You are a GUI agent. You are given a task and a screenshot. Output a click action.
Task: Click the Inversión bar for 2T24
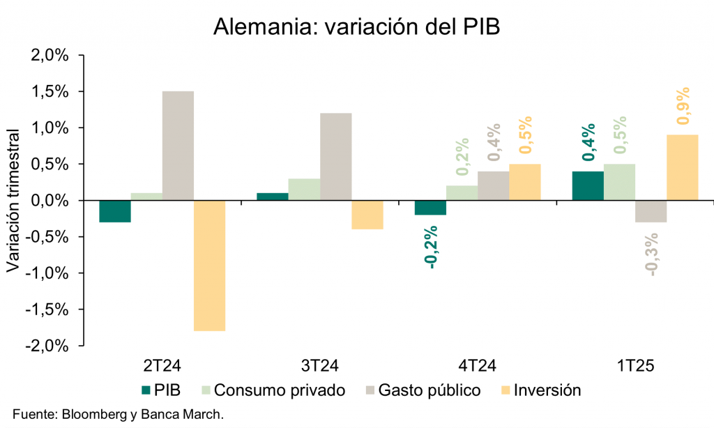pos(209,266)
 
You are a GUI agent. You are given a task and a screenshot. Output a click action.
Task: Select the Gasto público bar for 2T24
pos(178,146)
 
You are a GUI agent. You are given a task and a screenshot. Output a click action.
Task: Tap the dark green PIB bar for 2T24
pos(115,211)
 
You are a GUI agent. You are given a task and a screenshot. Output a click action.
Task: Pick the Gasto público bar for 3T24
pos(335,157)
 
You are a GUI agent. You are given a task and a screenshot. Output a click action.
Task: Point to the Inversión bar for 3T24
pos(367,215)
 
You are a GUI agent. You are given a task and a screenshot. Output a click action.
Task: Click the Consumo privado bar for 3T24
pos(304,190)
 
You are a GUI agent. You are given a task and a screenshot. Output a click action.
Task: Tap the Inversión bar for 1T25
pos(682,167)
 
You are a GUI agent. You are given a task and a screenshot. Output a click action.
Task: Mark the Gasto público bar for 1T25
pos(651,211)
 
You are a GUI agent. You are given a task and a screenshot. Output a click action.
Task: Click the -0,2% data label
pos(431,247)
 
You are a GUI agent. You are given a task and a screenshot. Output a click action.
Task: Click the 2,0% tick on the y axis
pos(50,56)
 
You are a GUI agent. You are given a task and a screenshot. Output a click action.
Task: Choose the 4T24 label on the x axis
pos(478,366)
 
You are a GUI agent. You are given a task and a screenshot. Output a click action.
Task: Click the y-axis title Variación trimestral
pos(13,200)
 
